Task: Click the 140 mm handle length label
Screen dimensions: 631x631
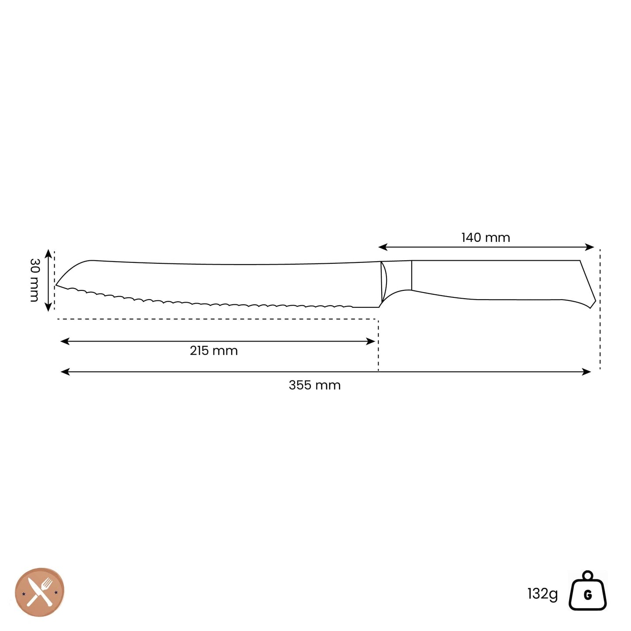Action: pyautogui.click(x=486, y=238)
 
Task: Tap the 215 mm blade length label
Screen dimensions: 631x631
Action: pyautogui.click(x=214, y=351)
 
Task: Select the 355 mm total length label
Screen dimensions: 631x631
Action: pyautogui.click(x=315, y=385)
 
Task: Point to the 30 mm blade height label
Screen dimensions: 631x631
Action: pyautogui.click(x=34, y=280)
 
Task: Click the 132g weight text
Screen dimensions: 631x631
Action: pyautogui.click(x=543, y=593)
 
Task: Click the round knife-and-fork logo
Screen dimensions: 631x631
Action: pyautogui.click(x=40, y=592)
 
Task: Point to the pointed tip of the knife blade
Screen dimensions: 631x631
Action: pyautogui.click(x=56, y=285)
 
